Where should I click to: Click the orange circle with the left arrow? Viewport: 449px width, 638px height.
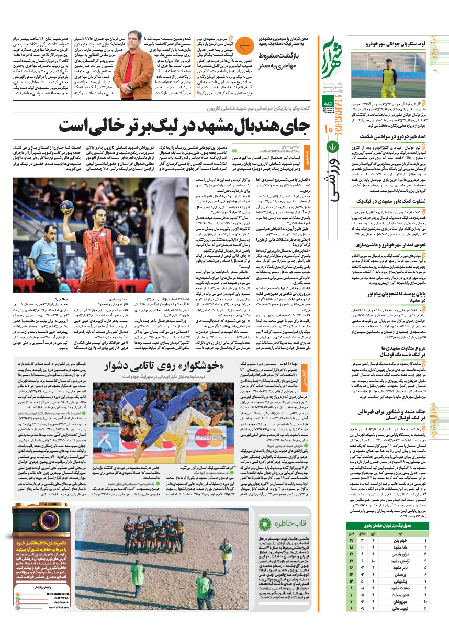click(244, 47)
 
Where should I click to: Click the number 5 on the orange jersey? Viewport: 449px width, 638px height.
click(96, 244)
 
